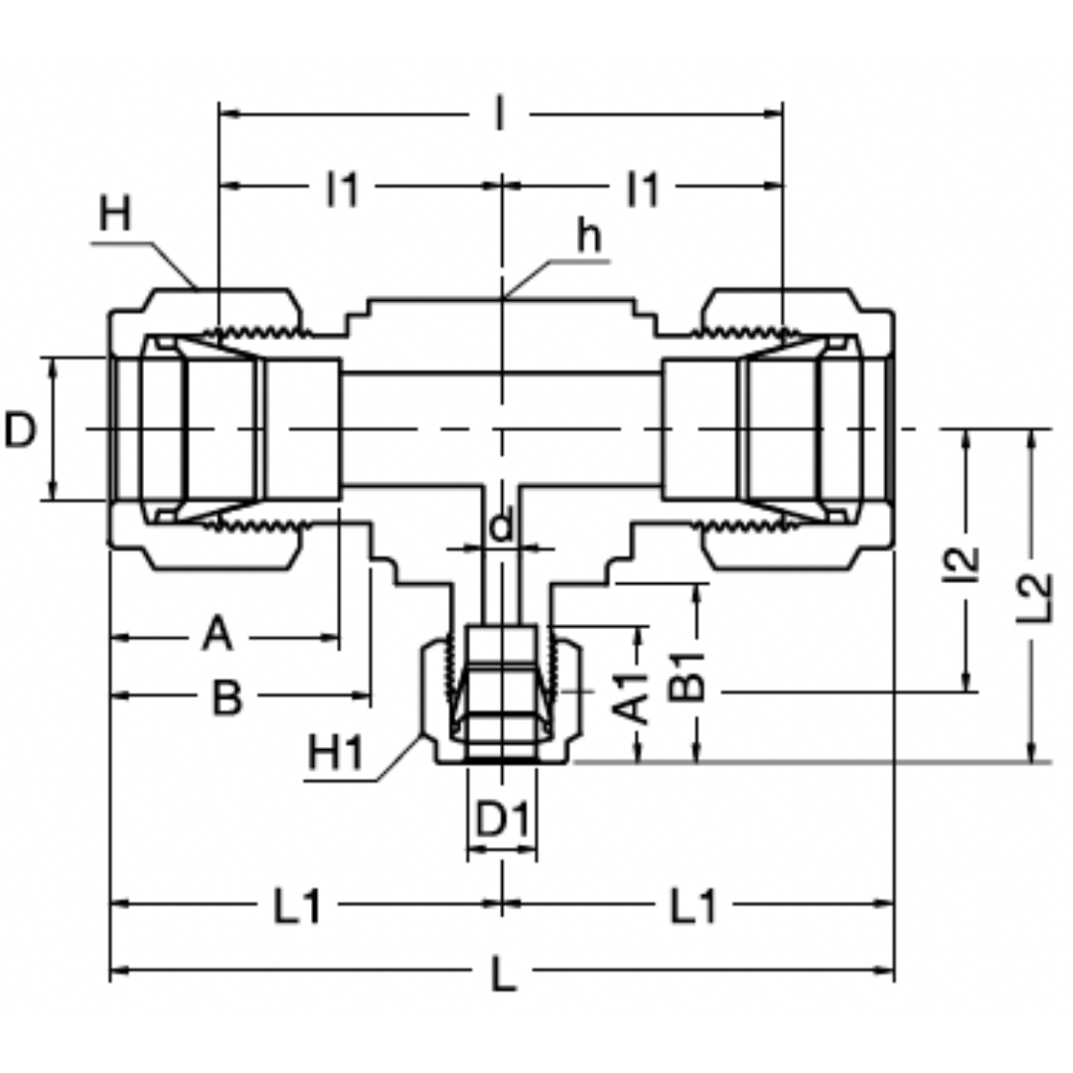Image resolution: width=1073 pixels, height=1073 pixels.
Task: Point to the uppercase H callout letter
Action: pyautogui.click(x=115, y=216)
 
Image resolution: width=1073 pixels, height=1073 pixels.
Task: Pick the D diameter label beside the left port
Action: pyautogui.click(x=20, y=431)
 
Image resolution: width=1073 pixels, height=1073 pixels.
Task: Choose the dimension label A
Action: pyautogui.click(x=218, y=634)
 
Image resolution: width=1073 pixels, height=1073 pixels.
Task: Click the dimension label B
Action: pyautogui.click(x=228, y=699)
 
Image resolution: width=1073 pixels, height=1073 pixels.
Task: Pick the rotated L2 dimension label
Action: pyautogui.click(x=1034, y=597)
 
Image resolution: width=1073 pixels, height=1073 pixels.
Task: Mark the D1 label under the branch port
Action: pyautogui.click(x=503, y=821)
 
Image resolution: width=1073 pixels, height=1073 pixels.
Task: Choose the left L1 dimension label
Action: pyautogui.click(x=297, y=906)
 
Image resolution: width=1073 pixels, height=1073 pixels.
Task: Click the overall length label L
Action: pyautogui.click(x=504, y=977)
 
